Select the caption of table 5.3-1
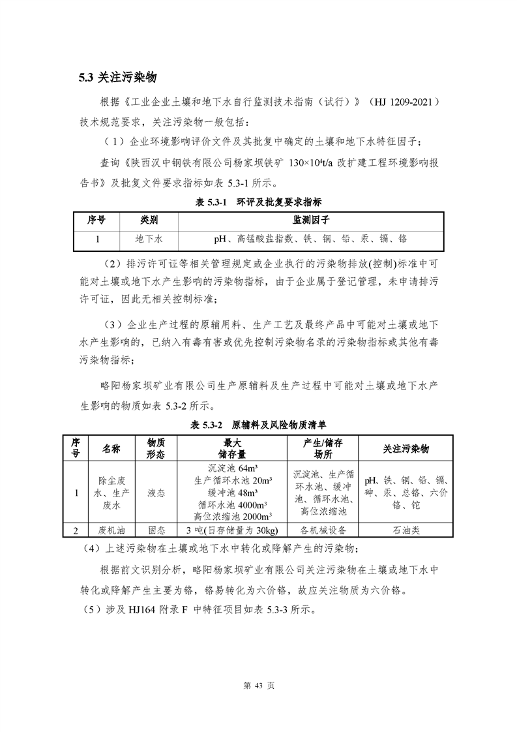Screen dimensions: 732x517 259,203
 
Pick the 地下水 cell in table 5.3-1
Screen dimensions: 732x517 149,239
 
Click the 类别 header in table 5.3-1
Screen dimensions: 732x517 149,221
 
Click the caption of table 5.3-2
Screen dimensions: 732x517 259,425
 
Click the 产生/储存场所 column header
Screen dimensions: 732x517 323,449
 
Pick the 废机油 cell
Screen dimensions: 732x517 106,529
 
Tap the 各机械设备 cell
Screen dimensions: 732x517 323,529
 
